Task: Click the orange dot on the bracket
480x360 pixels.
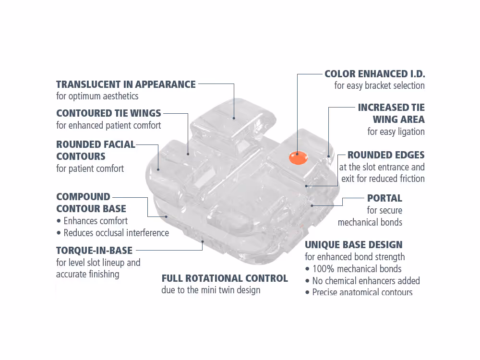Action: click(x=298, y=157)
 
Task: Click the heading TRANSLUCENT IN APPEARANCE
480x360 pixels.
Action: click(x=126, y=84)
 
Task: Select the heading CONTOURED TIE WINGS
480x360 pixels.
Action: click(x=108, y=113)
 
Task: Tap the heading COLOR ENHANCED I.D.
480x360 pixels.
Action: click(x=375, y=74)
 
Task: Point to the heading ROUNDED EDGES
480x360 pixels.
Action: click(x=386, y=155)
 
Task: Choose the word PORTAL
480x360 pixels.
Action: click(x=384, y=198)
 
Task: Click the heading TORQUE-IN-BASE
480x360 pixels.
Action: click(x=94, y=250)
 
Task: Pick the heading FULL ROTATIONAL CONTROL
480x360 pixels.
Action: click(x=225, y=278)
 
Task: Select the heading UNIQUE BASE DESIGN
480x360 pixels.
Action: click(x=354, y=245)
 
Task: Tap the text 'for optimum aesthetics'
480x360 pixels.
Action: click(x=97, y=96)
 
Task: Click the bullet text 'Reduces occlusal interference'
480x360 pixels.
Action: click(x=116, y=233)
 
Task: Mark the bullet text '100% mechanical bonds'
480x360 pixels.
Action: click(x=357, y=269)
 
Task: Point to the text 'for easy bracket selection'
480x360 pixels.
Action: click(x=379, y=86)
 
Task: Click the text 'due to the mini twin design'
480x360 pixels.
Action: click(x=211, y=290)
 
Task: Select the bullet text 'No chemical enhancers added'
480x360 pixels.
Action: click(x=366, y=281)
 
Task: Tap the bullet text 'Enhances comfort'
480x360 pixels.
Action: click(x=96, y=221)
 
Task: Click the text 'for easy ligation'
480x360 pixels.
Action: click(x=396, y=132)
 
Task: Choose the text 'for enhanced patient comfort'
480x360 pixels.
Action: click(x=108, y=125)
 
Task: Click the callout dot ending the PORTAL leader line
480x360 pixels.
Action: click(x=312, y=205)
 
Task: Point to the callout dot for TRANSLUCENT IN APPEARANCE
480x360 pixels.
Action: click(x=234, y=118)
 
